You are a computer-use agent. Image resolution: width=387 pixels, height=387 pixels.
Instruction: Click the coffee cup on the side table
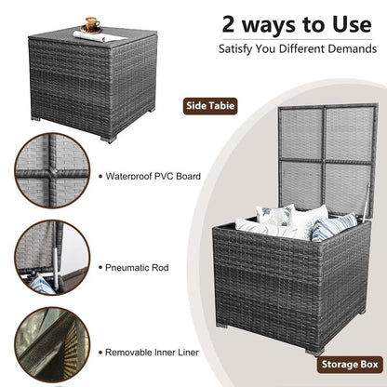click(92, 24)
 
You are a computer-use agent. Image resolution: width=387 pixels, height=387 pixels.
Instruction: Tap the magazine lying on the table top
click(100, 36)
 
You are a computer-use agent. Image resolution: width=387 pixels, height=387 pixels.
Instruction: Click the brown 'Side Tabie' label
click(210, 106)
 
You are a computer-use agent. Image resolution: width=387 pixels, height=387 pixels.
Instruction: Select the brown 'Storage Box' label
click(350, 365)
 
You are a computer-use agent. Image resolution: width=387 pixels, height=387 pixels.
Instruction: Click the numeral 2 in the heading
click(228, 24)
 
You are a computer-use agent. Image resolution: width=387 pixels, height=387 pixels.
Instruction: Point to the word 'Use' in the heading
click(352, 24)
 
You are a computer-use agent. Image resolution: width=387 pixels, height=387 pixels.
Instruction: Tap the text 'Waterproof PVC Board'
click(153, 176)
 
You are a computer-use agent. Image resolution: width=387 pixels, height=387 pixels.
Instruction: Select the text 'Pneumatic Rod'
click(137, 268)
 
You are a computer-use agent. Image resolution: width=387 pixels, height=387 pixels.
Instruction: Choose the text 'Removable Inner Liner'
click(152, 353)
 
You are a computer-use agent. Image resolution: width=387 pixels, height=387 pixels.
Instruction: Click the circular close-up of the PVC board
click(52, 170)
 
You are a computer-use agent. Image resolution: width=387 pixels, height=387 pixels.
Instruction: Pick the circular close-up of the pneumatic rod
click(52, 258)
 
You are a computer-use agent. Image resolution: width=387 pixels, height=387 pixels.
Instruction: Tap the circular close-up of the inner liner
click(52, 344)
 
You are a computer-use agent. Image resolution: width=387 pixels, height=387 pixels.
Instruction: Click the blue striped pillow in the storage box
click(333, 226)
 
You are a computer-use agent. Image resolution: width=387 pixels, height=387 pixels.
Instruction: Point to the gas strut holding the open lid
click(366, 202)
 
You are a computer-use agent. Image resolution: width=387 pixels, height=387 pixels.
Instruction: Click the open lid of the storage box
click(327, 160)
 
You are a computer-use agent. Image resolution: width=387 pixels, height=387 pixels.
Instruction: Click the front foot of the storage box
click(314, 353)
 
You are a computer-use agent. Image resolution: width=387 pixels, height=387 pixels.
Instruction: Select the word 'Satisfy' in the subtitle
click(235, 49)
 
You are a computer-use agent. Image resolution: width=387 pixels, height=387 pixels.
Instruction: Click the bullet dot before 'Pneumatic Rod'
click(100, 267)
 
